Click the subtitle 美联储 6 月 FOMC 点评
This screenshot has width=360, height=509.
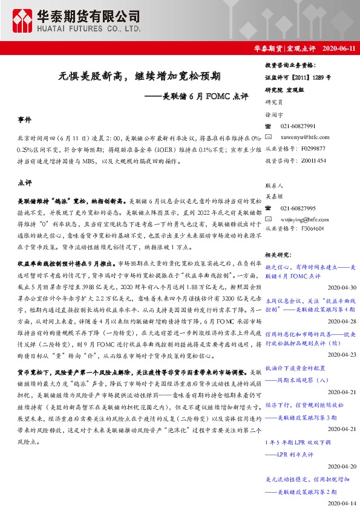click(x=197, y=96)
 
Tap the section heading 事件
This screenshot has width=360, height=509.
click(x=25, y=120)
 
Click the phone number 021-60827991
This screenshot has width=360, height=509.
click(x=298, y=126)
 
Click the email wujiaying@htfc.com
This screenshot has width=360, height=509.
click(x=305, y=218)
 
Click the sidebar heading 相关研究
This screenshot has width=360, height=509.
click(x=280, y=256)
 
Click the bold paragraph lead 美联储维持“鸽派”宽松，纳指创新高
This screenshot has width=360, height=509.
click(x=71, y=199)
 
